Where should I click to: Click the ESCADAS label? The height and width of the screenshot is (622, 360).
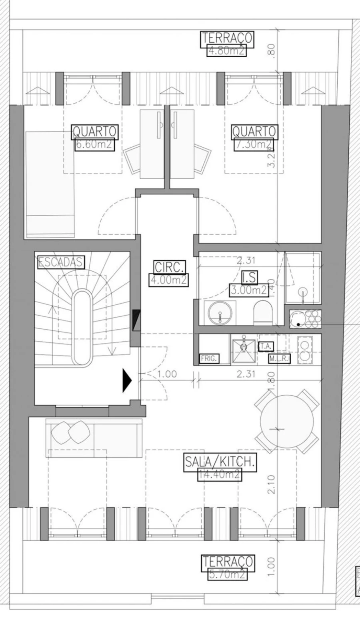click(x=61, y=262)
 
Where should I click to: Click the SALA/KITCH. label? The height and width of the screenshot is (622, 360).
click(x=220, y=462)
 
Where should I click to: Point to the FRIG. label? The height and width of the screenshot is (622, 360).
click(x=209, y=359)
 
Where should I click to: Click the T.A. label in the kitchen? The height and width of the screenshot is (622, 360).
click(x=266, y=346)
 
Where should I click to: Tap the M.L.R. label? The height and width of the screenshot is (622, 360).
click(x=279, y=359)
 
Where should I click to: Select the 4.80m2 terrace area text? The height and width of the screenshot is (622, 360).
click(x=226, y=51)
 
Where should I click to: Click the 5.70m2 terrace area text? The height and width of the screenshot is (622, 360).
click(x=227, y=575)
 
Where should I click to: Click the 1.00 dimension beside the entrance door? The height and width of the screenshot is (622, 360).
click(x=167, y=374)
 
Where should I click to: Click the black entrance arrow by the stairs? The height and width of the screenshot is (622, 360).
click(x=127, y=380)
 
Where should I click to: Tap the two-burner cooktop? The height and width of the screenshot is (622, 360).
click(x=306, y=350)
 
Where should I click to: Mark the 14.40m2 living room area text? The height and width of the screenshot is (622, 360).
click(x=220, y=475)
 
